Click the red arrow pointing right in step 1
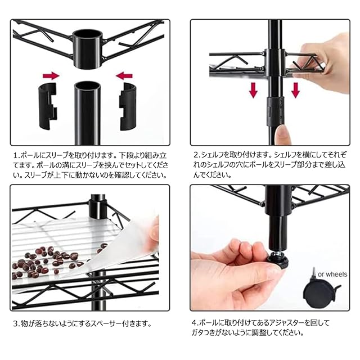(x=51, y=75)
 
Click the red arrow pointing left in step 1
(x=124, y=75)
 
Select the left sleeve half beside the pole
(x=47, y=106)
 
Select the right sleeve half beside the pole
(x=128, y=106)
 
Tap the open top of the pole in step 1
(x=87, y=85)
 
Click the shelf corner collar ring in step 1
(x=87, y=48)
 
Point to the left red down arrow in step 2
(x=253, y=90)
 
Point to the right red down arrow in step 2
(x=295, y=90)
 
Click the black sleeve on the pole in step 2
(x=275, y=111)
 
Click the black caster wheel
(x=321, y=294)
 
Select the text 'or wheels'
(x=332, y=274)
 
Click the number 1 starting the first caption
(x=16, y=155)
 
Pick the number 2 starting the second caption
(x=196, y=155)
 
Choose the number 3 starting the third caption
(x=15, y=324)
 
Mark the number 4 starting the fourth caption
(x=195, y=322)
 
